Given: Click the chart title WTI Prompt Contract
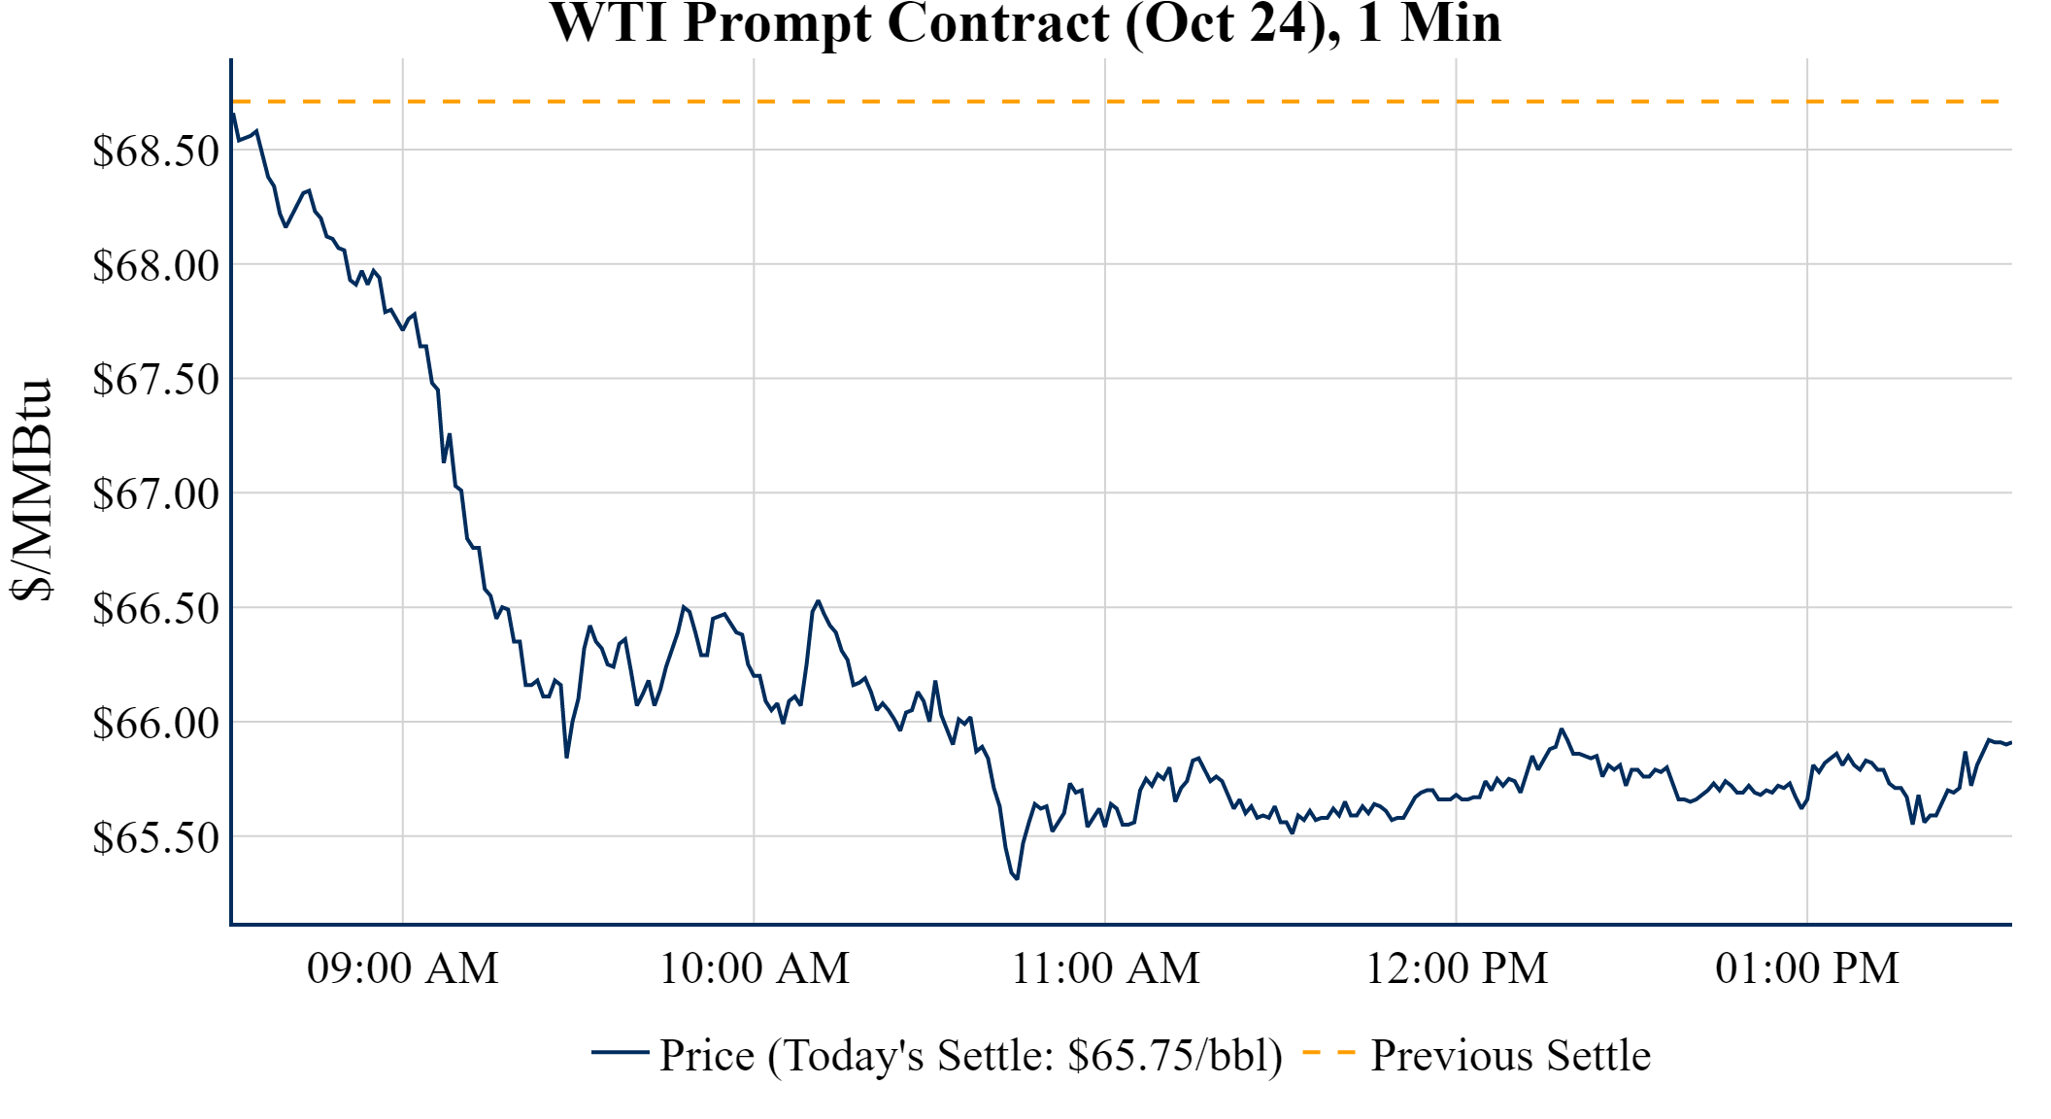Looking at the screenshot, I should click(1025, 23).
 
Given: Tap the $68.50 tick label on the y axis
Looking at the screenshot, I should click(156, 151).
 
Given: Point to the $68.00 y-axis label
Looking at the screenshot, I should click(156, 265).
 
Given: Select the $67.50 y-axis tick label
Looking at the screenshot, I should click(156, 379).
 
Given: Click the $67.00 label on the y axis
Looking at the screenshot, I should click(156, 493).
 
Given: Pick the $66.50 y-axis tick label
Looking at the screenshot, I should click(156, 608).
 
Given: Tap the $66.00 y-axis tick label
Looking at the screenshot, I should click(156, 723).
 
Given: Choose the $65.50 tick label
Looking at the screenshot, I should click(156, 837).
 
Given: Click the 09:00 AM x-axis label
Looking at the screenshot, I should click(403, 968).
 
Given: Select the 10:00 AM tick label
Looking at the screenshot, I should click(755, 968).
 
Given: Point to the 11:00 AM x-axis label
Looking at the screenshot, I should click(1106, 968).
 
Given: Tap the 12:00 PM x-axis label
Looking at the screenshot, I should click(1457, 968).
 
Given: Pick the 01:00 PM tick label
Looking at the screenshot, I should click(1807, 968).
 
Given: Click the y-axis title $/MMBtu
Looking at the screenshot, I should click(31, 491).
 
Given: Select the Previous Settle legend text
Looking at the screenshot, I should click(1510, 1056).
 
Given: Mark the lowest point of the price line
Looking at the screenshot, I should click(1017, 878).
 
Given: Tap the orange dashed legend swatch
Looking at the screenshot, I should click(1328, 1052).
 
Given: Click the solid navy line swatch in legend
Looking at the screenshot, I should click(620, 1052).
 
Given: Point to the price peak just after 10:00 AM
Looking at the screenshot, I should click(819, 601).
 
